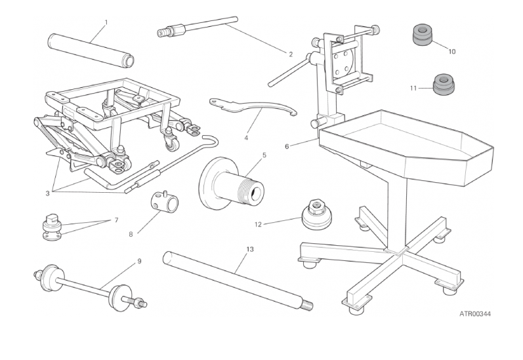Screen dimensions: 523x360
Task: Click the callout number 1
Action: tap(106, 22)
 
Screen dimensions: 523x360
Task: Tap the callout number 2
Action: tap(291, 54)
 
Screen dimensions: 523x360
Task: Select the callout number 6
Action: tap(287, 146)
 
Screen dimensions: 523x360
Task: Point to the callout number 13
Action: tap(250, 249)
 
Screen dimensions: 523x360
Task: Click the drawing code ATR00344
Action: tap(475, 313)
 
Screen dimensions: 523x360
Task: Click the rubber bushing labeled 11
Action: tap(444, 84)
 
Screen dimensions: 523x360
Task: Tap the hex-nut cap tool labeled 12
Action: tap(316, 214)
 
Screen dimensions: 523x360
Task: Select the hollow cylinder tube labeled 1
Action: tap(91, 50)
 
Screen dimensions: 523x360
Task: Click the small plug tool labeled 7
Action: tap(52, 227)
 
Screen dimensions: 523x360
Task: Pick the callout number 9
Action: tap(139, 261)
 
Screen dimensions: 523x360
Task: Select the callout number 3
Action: tap(47, 193)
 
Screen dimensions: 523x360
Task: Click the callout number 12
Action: tap(258, 224)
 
